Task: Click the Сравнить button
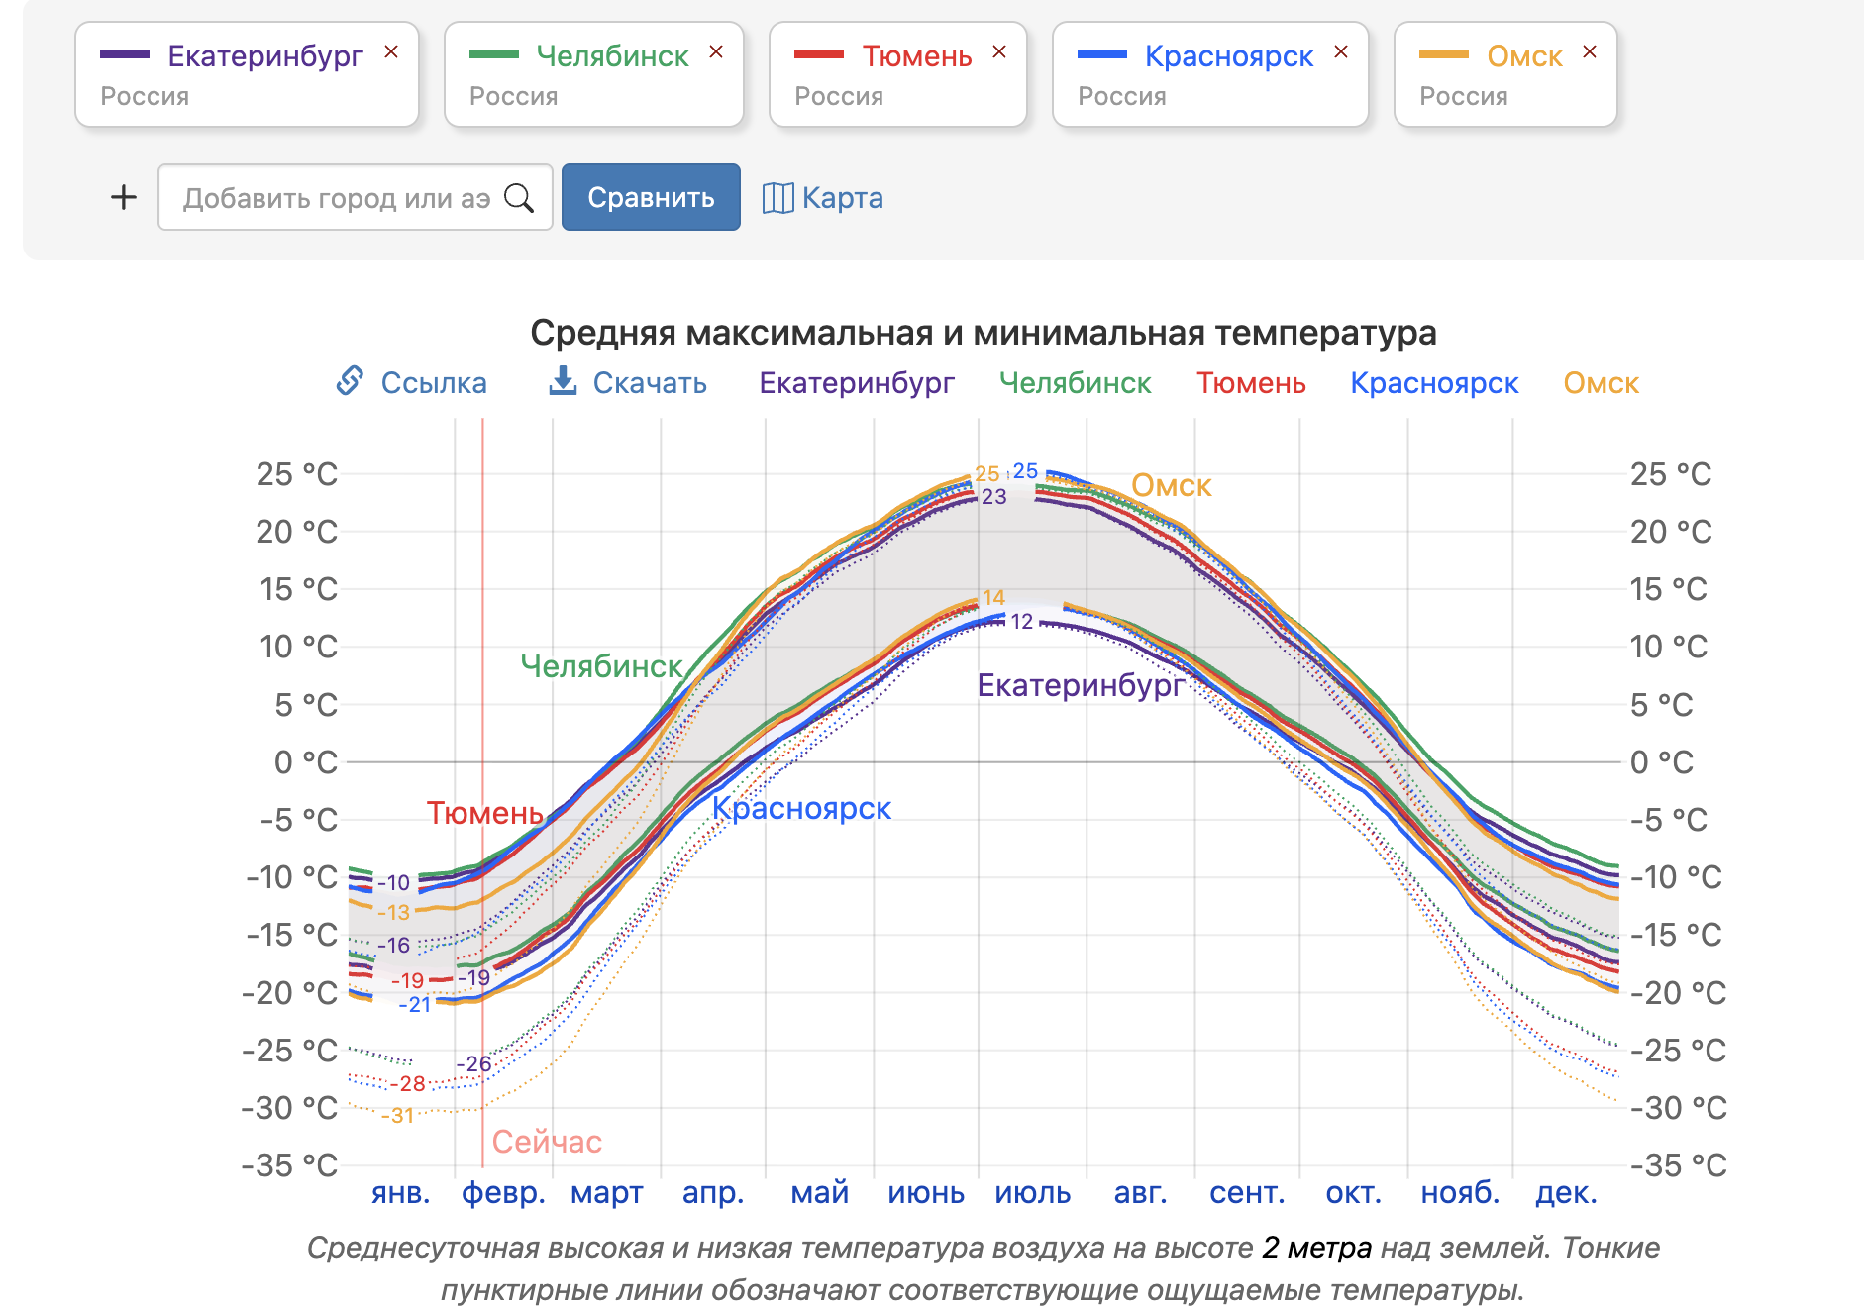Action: (651, 197)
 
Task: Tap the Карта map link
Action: (823, 198)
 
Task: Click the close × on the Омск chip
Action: (1590, 52)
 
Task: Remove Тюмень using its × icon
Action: (999, 52)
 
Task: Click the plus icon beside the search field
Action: (124, 197)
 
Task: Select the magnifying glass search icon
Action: (519, 198)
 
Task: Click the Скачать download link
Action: (629, 382)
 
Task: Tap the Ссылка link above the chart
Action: (412, 382)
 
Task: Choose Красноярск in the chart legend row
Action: (1433, 383)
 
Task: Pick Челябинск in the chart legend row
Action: (1075, 383)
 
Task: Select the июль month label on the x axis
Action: (1032, 1192)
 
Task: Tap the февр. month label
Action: (503, 1192)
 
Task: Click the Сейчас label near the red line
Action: (547, 1142)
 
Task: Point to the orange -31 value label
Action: (398, 1116)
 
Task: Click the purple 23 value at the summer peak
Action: (994, 497)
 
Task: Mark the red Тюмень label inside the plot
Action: (484, 813)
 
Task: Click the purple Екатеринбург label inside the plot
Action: (1081, 685)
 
